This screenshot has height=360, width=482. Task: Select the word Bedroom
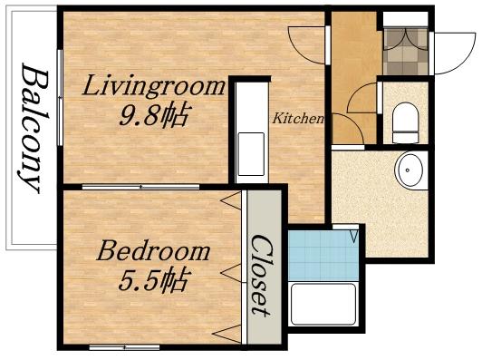(154, 251)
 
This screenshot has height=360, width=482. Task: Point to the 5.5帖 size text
(151, 281)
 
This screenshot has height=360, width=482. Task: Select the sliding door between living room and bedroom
(140, 186)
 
